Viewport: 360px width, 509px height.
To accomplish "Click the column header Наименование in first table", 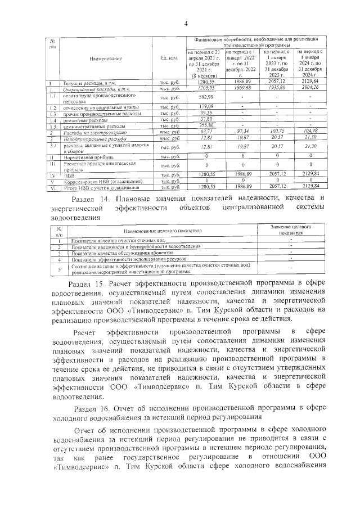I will click(105, 58).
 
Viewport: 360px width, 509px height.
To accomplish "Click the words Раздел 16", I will click(87, 407).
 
